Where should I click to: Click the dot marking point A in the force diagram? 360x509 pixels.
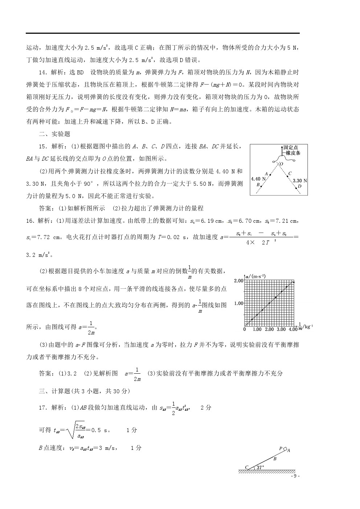270,175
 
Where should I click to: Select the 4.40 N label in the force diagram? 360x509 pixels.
258,179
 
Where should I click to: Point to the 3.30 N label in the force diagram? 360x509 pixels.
300,180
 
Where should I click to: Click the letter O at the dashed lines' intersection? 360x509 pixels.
281,164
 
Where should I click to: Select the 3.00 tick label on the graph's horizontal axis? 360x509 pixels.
281,329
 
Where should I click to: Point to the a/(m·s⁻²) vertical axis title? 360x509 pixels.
256,276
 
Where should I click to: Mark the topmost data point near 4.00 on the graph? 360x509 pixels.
294,282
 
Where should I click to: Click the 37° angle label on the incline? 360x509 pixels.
260,468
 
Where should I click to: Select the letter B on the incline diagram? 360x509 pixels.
275,459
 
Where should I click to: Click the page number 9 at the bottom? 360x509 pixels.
295,476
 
